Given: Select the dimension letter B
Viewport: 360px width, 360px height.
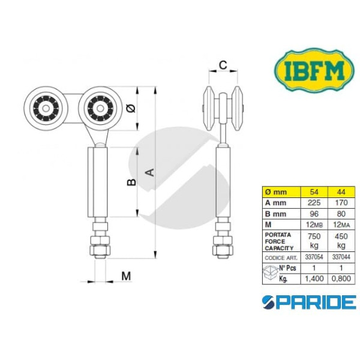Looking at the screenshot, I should (x=132, y=182).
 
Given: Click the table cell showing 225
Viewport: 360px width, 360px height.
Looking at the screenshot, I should (x=313, y=203).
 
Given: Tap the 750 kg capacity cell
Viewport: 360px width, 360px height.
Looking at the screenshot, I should (x=313, y=241).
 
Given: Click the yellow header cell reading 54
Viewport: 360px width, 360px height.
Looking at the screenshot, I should (x=313, y=192).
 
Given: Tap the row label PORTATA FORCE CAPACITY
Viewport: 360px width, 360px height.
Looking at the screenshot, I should (x=280, y=240).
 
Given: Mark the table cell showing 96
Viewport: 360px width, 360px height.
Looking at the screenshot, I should (x=313, y=213).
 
